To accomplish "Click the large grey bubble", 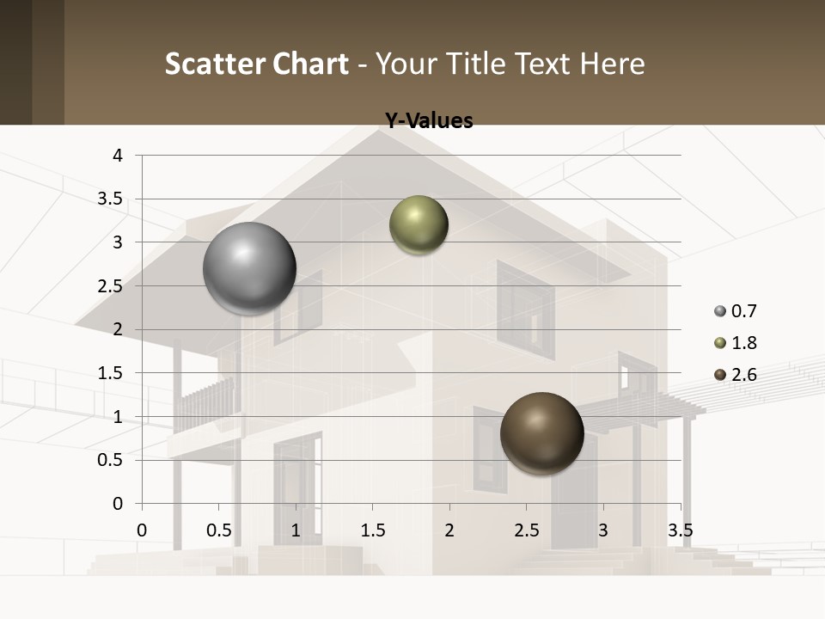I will (249, 268).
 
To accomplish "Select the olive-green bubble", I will (419, 225).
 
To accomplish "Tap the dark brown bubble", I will (541, 433).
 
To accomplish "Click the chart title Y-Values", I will (429, 121).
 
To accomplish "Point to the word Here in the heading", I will (612, 64).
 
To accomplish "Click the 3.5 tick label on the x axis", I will (680, 530).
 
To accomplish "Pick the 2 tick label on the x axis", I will (449, 530).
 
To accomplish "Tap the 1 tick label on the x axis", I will (296, 530).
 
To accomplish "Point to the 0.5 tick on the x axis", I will (218, 530).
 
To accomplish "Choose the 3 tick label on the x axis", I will (603, 530).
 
